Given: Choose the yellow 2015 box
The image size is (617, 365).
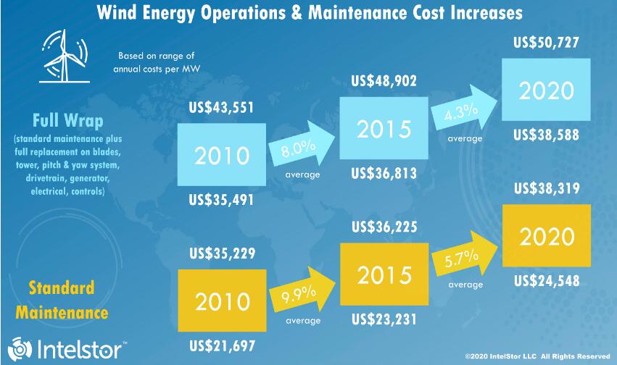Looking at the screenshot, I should point(384,276).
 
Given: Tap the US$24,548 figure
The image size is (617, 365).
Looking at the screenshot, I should point(546,280).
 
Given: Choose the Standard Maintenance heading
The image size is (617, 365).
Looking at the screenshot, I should point(62,300).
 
